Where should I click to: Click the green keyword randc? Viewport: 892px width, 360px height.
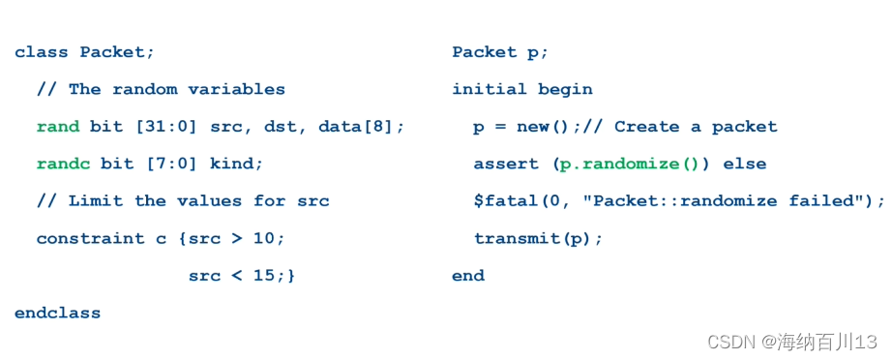point(63,164)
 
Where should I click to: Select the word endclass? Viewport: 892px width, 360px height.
point(57,313)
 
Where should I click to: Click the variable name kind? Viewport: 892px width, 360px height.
point(236,164)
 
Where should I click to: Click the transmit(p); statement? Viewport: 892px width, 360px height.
point(538,238)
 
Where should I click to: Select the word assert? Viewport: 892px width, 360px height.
point(506,164)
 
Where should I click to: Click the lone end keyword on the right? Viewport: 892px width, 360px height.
point(468,276)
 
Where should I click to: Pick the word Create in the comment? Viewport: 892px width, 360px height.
point(646,127)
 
